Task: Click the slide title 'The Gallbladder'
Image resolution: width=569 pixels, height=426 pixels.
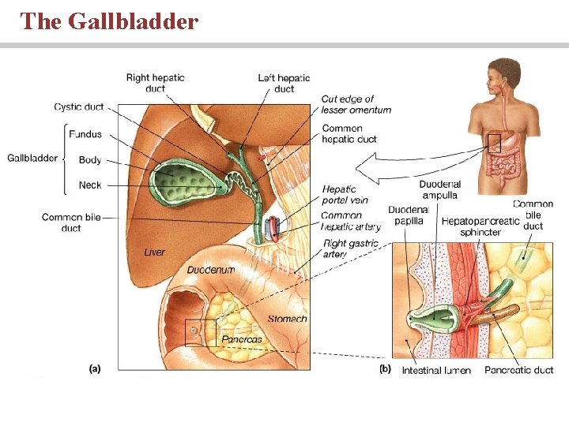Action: [x=109, y=21]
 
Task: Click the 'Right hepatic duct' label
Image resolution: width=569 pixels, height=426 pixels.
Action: [x=155, y=83]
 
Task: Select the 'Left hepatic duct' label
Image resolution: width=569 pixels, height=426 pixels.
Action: [x=284, y=83]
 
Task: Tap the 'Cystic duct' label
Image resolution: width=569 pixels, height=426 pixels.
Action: [x=78, y=107]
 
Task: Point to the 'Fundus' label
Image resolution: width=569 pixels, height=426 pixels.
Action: [x=85, y=134]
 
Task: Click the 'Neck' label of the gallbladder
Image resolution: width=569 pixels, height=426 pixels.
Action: [x=90, y=185]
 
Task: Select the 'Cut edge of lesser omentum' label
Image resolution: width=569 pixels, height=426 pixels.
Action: [x=356, y=104]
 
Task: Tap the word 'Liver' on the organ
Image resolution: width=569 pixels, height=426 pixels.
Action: [x=155, y=252]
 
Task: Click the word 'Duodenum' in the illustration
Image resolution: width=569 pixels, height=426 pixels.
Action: [x=210, y=270]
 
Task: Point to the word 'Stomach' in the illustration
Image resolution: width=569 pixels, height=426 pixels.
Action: [x=287, y=319]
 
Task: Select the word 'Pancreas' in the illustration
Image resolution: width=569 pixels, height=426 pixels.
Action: [x=241, y=339]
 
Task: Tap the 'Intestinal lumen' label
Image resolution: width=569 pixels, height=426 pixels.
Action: [x=435, y=370]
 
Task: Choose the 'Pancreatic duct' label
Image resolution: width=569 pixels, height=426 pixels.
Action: [x=518, y=370]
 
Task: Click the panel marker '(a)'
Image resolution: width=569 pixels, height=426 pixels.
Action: [x=94, y=368]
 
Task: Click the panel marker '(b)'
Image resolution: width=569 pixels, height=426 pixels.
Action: [x=385, y=368]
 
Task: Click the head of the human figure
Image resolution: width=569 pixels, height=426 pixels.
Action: [x=503, y=73]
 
